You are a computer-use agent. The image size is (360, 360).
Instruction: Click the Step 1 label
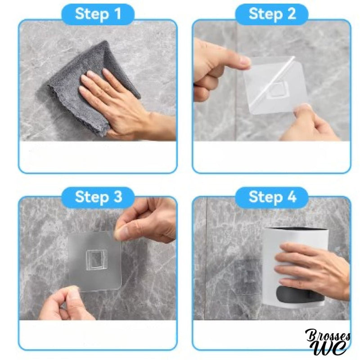[98, 14]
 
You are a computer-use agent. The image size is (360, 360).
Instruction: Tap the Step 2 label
[272, 14]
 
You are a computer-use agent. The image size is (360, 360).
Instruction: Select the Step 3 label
[98, 197]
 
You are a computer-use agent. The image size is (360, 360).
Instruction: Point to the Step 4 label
[272, 197]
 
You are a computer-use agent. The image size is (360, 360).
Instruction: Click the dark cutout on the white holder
[298, 295]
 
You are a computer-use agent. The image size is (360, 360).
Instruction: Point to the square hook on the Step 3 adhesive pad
[96, 259]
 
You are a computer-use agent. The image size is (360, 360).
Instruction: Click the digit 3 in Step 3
[117, 197]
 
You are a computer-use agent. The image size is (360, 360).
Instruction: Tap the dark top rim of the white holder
[296, 229]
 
